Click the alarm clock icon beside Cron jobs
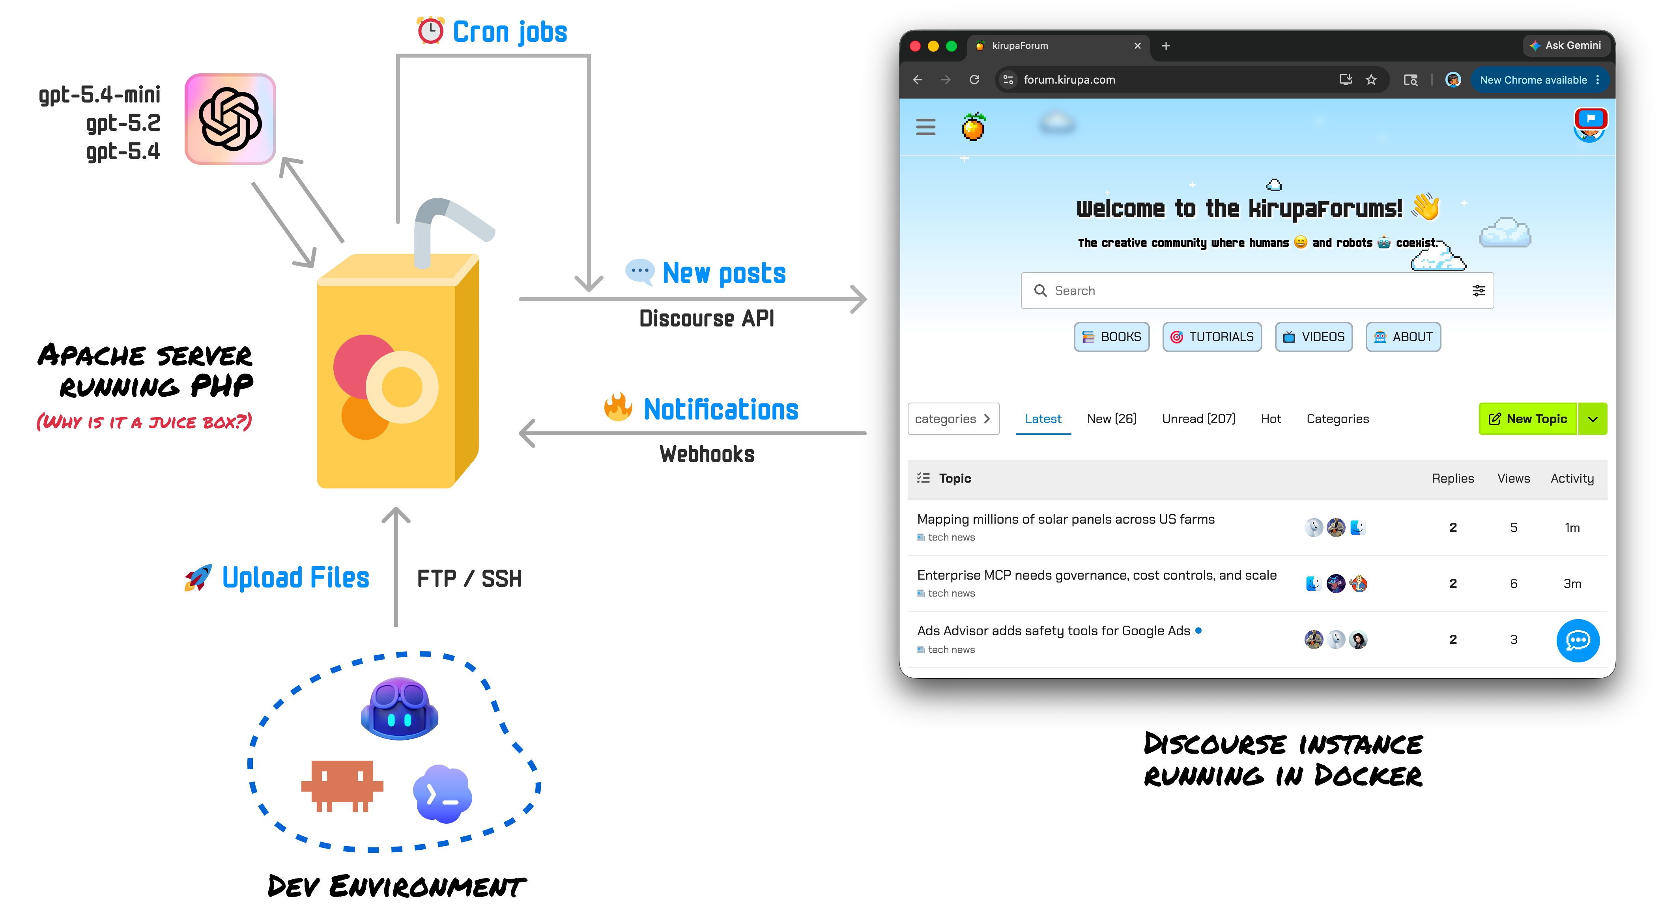[430, 30]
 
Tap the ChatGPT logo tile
[230, 119]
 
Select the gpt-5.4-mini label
[100, 95]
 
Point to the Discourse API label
[706, 318]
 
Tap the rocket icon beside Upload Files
[198, 578]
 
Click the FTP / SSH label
[469, 578]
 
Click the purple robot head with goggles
[400, 709]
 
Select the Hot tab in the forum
[1271, 419]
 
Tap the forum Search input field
[1256, 291]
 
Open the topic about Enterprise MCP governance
[1096, 575]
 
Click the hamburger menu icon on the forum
[925, 127]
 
